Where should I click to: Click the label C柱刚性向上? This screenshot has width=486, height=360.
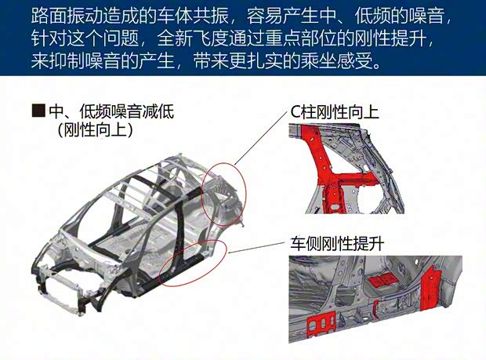335,112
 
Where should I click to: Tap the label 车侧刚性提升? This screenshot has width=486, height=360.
338,243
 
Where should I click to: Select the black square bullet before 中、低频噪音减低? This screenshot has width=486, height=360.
38,110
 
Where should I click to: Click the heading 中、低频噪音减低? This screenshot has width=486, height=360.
111,111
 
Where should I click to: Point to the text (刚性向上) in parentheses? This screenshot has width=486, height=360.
95,130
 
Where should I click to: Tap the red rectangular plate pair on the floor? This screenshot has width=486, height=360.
383,280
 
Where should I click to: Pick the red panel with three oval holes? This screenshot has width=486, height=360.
321,325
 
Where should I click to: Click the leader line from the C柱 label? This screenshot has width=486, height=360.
261,138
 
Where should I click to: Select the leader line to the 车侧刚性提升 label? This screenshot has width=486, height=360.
257,248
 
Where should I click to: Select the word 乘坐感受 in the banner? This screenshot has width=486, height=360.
336,60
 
